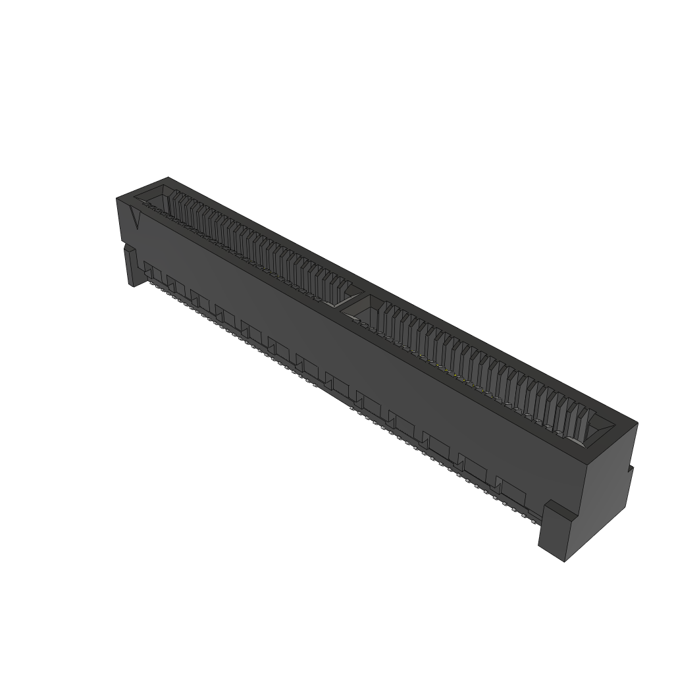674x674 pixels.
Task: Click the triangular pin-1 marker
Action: point(137,218)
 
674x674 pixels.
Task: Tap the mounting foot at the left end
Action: point(132,267)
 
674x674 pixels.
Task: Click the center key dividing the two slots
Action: point(352,299)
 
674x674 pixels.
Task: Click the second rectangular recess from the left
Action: point(176,284)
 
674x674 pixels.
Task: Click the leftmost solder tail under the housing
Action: point(146,284)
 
